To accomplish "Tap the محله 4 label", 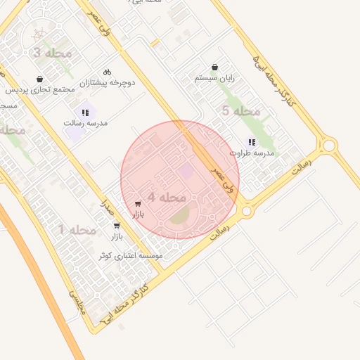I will coord(166,198).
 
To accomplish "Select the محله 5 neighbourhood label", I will coord(241,111).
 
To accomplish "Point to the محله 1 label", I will coord(76,230).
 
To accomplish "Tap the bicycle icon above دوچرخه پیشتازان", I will coord(107,72).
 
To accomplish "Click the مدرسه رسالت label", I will coord(85,123).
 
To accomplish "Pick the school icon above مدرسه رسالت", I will coord(85,112).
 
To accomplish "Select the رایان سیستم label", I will coord(214,79).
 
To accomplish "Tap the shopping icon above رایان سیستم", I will coord(214,68).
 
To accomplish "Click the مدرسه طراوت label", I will coord(251,153).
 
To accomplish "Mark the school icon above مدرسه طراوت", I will coord(251,142).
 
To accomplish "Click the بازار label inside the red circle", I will coord(137,214).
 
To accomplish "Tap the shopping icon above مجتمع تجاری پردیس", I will coord(40,79).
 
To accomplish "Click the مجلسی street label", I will coord(75,304).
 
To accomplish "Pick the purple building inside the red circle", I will coord(186,170).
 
